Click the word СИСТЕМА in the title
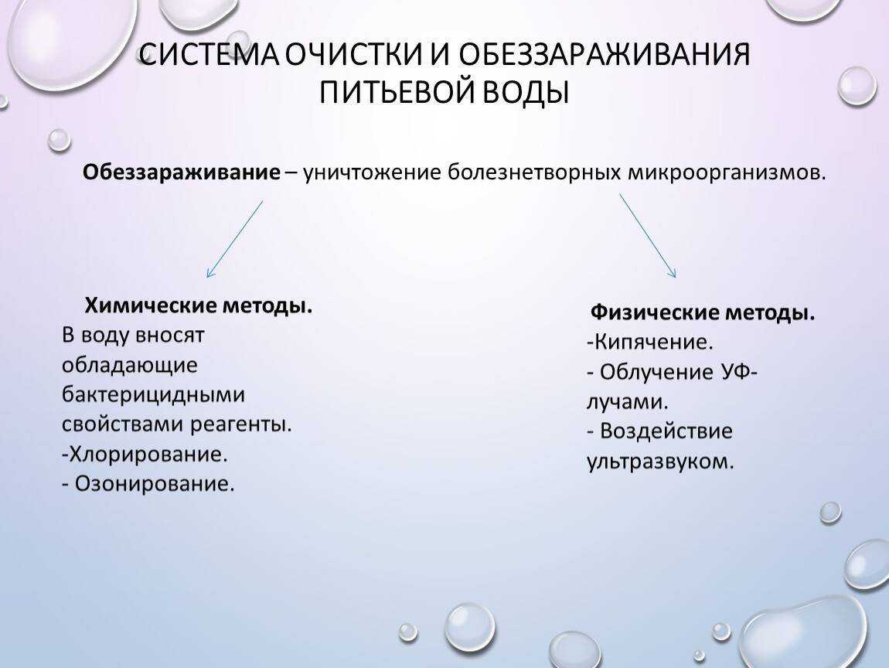click(209, 54)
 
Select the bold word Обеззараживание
click(182, 172)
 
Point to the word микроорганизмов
click(727, 172)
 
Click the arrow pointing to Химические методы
click(235, 239)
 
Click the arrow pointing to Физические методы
click(648, 236)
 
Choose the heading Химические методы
click(199, 306)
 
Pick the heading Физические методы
click(703, 312)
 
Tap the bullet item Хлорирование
click(145, 454)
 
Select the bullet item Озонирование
click(148, 484)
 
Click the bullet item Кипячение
click(649, 342)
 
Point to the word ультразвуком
click(660, 462)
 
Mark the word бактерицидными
click(153, 394)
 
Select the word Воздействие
click(666, 431)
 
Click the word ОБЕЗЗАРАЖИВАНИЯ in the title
click(605, 54)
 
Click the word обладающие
click(129, 365)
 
